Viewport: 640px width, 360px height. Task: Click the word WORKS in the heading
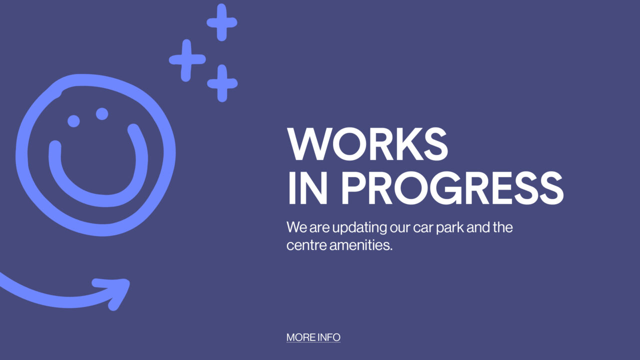367,143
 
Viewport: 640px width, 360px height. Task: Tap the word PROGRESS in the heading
452,188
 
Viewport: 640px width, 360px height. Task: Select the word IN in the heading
307,188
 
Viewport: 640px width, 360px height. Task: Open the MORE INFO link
313,337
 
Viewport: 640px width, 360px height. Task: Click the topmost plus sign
222,22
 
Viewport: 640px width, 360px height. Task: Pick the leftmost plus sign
187,60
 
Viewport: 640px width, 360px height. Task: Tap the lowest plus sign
222,83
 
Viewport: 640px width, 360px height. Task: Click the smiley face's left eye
73,121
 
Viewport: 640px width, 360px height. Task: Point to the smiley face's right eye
102,113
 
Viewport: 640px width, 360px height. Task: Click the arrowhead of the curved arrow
115,291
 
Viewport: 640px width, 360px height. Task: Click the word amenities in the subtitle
361,245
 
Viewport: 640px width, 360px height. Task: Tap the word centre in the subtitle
306,245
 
